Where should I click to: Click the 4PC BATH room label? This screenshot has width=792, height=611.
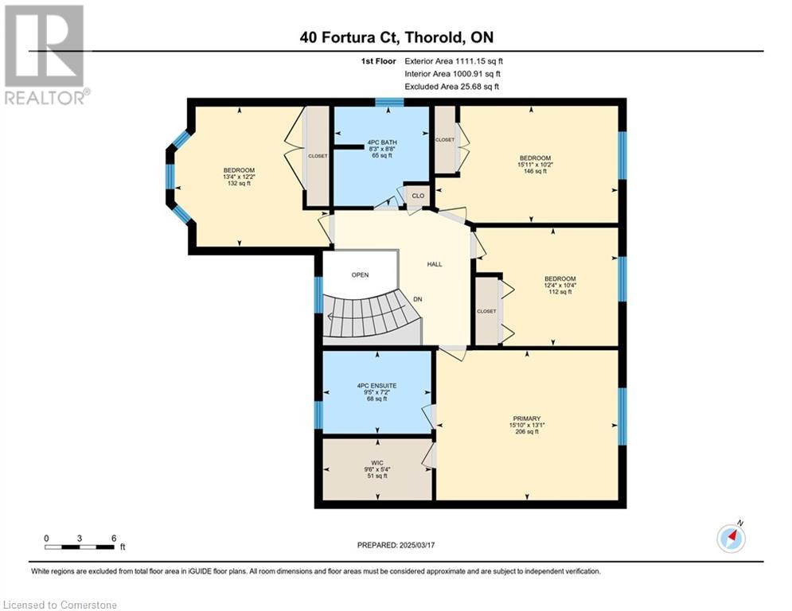[382, 142]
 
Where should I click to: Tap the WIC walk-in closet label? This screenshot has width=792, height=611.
[377, 462]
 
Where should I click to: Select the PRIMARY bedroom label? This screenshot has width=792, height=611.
[527, 418]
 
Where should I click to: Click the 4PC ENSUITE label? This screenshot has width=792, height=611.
[376, 386]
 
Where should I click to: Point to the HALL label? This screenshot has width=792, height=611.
[435, 264]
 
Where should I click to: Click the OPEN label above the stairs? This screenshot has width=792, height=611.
[360, 275]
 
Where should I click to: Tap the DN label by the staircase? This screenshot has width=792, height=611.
[418, 299]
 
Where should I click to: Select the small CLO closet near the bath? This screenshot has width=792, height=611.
[418, 196]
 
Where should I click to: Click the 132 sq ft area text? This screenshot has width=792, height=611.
[239, 183]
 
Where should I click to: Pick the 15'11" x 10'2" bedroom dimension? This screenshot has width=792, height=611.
[535, 165]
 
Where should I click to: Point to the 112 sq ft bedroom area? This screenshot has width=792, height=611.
[560, 292]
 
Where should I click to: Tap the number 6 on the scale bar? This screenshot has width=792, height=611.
[114, 539]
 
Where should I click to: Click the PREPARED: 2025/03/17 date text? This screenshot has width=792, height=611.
[396, 545]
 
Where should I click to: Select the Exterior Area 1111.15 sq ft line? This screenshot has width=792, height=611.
[454, 61]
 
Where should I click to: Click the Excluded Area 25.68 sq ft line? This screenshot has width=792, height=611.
[451, 87]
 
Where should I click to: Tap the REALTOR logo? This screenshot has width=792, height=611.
[45, 55]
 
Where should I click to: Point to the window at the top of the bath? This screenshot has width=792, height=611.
[389, 103]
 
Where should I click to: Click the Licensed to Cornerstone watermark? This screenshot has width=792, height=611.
[60, 605]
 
